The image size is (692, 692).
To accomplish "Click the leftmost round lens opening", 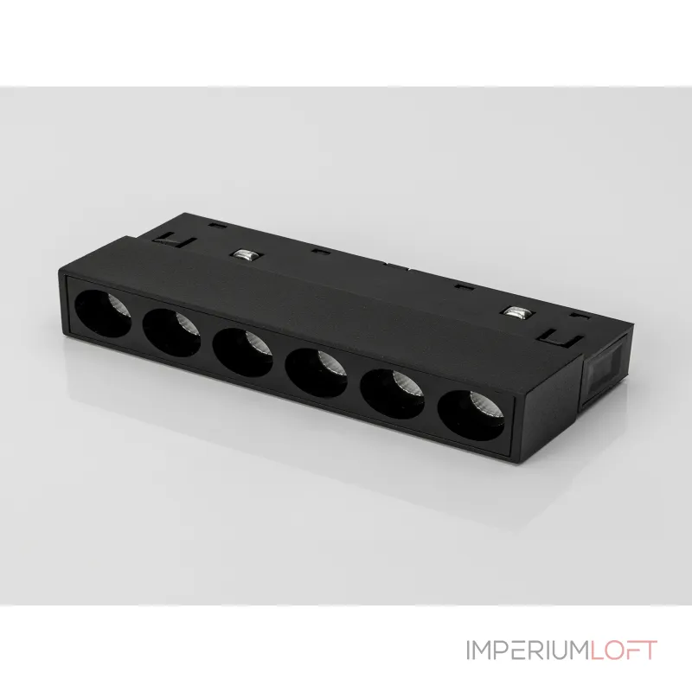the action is pyautogui.click(x=103, y=313).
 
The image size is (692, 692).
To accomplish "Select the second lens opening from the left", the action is pyautogui.click(x=171, y=332).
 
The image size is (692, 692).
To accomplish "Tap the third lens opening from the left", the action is pyautogui.click(x=242, y=352).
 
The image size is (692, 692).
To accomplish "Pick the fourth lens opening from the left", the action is pyautogui.click(x=316, y=373).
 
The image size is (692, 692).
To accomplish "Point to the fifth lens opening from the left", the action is pyautogui.click(x=392, y=394).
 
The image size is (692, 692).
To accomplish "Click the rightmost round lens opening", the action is pyautogui.click(x=471, y=415).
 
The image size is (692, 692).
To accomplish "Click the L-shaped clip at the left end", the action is pyautogui.click(x=176, y=241).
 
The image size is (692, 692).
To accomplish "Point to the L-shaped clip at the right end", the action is pyautogui.click(x=564, y=338).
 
